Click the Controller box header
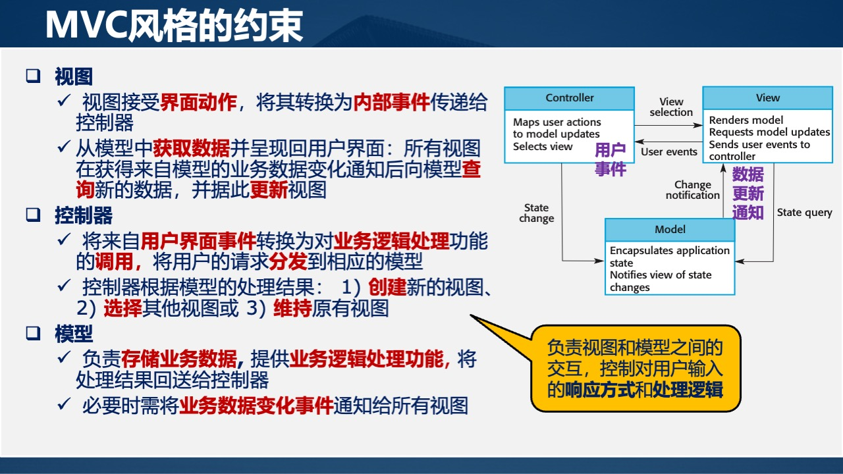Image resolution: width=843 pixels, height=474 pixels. (569, 98)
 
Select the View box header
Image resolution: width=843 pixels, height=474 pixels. (767, 98)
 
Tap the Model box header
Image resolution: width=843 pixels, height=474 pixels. (670, 230)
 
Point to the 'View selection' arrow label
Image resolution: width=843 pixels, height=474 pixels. (671, 107)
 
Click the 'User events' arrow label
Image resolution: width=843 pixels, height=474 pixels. (669, 152)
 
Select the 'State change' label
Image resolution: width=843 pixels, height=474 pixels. (537, 213)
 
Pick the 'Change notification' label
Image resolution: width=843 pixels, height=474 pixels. (692, 190)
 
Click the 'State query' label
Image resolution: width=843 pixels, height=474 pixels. (804, 213)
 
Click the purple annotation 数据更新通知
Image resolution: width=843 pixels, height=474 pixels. (748, 194)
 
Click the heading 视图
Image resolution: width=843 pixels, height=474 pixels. (73, 77)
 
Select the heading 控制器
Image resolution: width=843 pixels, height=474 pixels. (83, 215)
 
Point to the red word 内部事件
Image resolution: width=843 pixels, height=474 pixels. (391, 102)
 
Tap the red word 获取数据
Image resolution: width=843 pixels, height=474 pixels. (191, 148)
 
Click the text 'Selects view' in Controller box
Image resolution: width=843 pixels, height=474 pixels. (543, 146)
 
